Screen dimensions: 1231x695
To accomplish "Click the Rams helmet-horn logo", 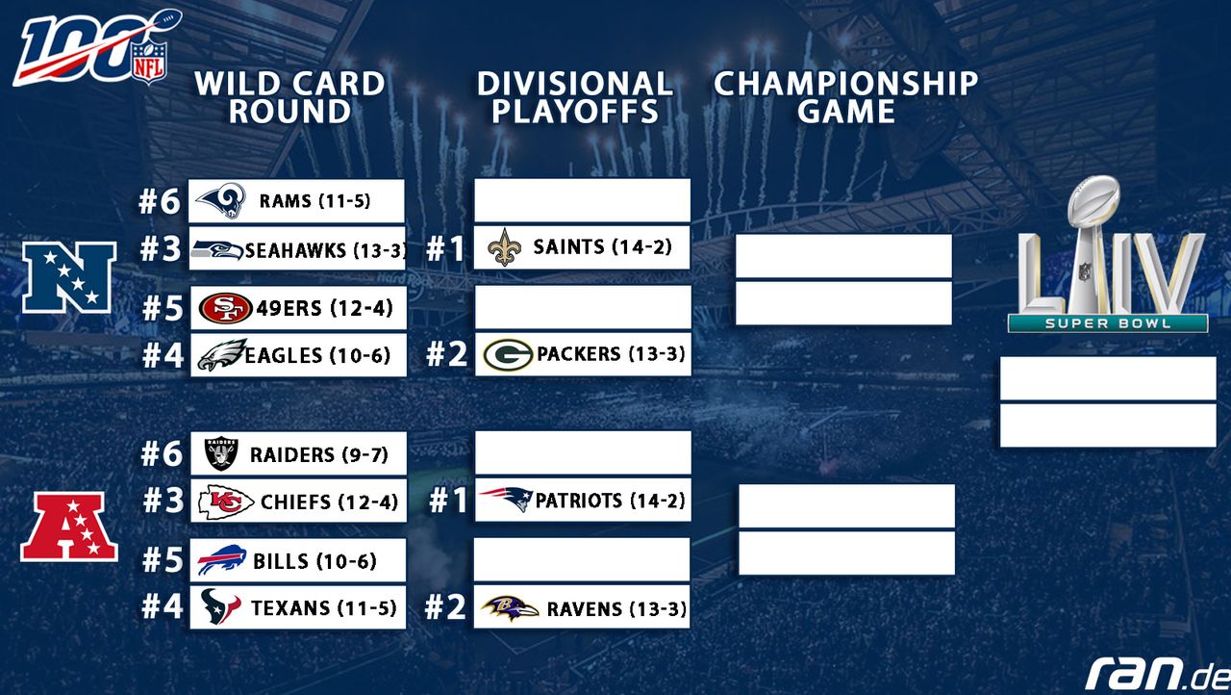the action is pos(221,200).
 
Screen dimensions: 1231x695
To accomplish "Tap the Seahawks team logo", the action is pos(217,250).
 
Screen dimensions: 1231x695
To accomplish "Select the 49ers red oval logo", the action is pos(225,308).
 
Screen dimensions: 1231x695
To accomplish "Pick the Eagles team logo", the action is pos(221,354).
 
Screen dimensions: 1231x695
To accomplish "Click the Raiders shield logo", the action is pos(221,453).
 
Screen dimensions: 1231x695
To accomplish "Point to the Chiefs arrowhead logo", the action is pos(226,502).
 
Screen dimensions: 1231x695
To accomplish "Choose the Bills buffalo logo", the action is pos(221,560).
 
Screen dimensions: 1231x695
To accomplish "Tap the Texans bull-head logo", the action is pos(220,606).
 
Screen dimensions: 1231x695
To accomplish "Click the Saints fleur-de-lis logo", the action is pos(505,247).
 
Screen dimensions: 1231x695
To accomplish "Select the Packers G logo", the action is pos(508,354).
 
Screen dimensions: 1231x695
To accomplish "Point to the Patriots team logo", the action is pos(506,499).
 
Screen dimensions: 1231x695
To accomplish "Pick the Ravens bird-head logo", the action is pos(510,608).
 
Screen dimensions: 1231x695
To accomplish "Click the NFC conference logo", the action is pos(69,277).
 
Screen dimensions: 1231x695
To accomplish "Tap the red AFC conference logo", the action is pos(69,527).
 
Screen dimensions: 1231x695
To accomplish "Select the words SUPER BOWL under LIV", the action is pos(1108,323).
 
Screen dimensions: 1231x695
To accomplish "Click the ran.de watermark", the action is pos(1158,673).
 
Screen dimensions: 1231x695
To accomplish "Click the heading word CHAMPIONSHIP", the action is pos(846,84).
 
